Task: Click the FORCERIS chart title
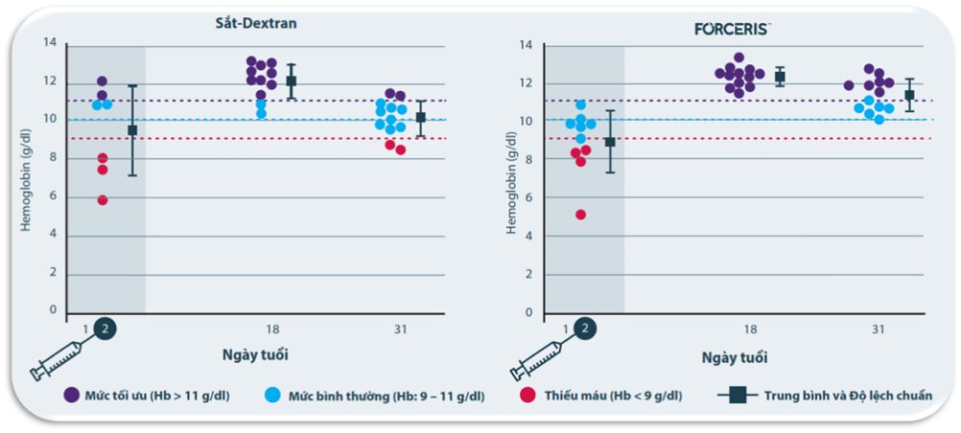pyautogui.click(x=732, y=29)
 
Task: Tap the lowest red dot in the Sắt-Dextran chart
pyautogui.click(x=102, y=200)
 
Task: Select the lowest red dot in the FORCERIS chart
pyautogui.click(x=580, y=214)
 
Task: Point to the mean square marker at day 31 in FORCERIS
pyautogui.click(x=909, y=95)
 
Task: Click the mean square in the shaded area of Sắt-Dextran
pyautogui.click(x=133, y=130)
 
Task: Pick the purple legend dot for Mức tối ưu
pyautogui.click(x=70, y=395)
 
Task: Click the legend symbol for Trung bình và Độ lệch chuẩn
pyautogui.click(x=736, y=395)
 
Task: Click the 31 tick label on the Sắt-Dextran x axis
pyautogui.click(x=400, y=329)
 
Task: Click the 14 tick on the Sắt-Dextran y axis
pyautogui.click(x=52, y=42)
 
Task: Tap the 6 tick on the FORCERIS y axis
pyautogui.click(x=528, y=198)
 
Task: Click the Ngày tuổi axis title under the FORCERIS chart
pyautogui.click(x=734, y=357)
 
